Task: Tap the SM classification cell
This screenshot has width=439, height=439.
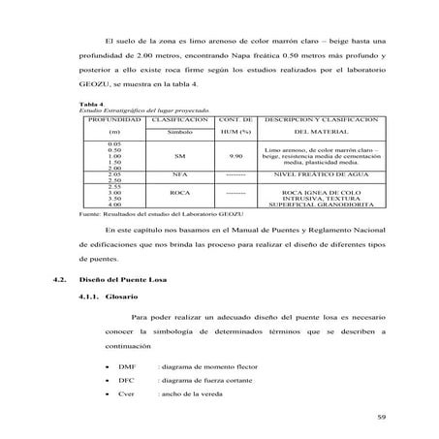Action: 179,155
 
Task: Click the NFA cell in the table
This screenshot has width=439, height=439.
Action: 179,175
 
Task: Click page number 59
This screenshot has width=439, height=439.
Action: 381,418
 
